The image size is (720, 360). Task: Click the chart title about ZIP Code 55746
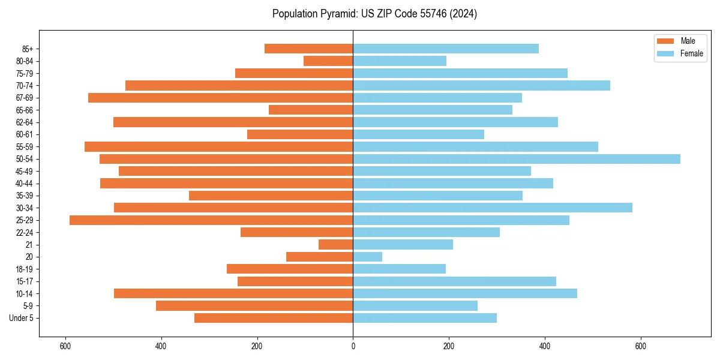pos(374,14)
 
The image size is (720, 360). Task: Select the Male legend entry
pos(687,41)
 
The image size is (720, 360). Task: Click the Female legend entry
pos(691,53)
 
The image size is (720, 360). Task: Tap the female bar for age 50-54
pos(516,159)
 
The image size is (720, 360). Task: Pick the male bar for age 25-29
pos(211,220)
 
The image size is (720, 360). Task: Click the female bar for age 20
pos(367,257)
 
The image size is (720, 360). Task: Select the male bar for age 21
pos(335,245)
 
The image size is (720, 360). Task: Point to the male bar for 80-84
pos(328,61)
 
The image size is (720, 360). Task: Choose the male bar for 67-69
pos(220,98)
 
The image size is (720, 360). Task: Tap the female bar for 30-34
pos(492,208)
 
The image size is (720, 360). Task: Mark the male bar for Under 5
pos(274,318)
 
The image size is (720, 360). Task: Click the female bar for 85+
pos(445,49)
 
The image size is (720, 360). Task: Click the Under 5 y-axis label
pos(21,318)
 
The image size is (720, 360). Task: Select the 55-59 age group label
pos(24,146)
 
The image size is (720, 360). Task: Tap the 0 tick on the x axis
pos(353,346)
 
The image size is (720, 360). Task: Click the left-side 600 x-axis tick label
pos(65,346)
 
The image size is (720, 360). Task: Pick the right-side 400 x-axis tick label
pos(544,346)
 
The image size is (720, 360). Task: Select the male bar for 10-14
pos(233,293)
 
